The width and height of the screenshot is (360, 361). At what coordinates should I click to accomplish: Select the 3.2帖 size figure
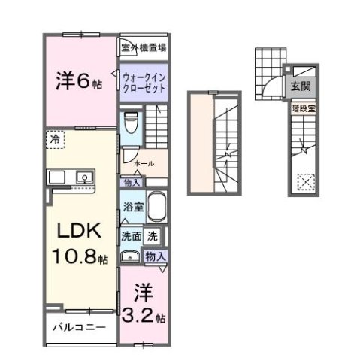point(150,317)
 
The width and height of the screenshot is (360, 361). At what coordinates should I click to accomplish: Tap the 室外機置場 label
point(143,47)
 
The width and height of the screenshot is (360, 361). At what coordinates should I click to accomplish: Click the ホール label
point(144,163)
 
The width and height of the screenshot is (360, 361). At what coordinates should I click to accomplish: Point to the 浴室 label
point(132,205)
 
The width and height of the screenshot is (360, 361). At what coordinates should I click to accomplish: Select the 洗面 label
point(131,235)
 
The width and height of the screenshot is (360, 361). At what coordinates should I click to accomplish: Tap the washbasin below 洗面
point(129,256)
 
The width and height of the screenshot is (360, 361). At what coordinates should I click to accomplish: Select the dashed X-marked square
point(306,181)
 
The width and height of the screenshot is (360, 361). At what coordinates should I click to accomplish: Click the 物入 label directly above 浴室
point(131,181)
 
